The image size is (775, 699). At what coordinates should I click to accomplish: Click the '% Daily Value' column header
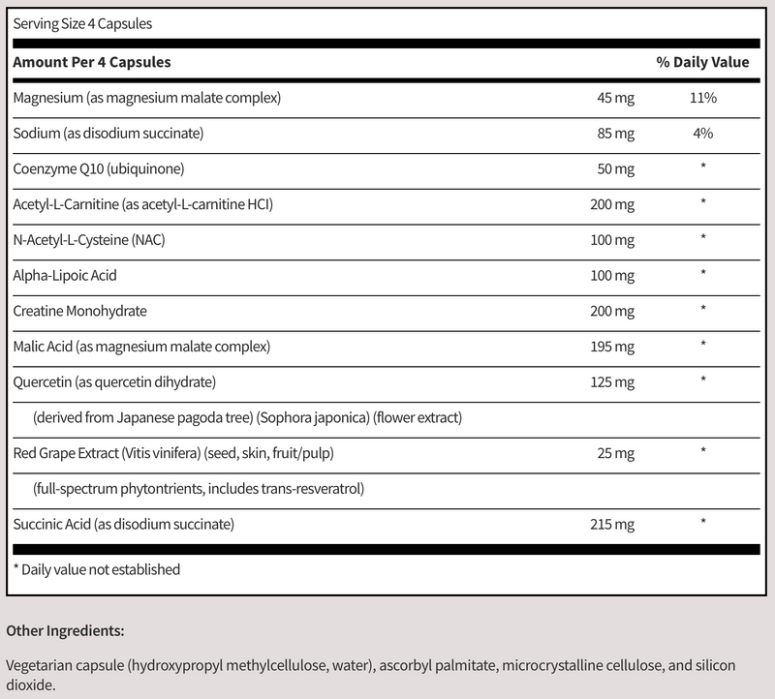pyautogui.click(x=702, y=62)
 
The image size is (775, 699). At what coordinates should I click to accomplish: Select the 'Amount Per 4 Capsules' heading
pyautogui.click(x=92, y=62)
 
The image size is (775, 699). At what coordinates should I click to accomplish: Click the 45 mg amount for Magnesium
pyautogui.click(x=615, y=98)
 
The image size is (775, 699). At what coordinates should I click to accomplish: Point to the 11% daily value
pyautogui.click(x=703, y=98)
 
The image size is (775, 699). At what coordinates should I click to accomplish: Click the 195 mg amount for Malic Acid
pyautogui.click(x=612, y=345)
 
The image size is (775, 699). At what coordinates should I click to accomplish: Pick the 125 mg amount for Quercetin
pyautogui.click(x=612, y=380)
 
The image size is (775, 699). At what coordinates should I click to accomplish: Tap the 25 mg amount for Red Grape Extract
pyautogui.click(x=615, y=452)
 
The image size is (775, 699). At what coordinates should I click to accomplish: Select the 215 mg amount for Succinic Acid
pyautogui.click(x=612, y=524)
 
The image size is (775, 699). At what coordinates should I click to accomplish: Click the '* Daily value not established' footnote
pyautogui.click(x=96, y=569)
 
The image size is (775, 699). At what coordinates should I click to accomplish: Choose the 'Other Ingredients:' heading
pyautogui.click(x=65, y=630)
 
